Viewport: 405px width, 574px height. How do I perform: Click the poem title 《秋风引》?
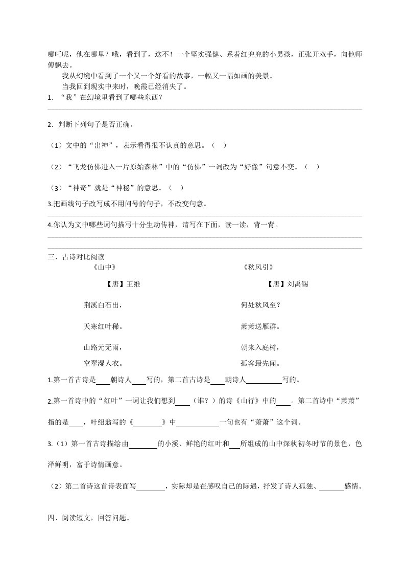[x=259, y=267]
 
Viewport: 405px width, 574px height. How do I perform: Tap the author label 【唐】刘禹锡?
[x=288, y=284]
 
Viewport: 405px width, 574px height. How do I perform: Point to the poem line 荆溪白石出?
[x=104, y=305]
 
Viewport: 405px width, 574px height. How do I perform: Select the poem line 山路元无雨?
[x=104, y=348]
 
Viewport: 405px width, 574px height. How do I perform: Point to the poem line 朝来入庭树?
[x=260, y=348]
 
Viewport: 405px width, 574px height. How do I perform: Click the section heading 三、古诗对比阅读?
[x=76, y=257]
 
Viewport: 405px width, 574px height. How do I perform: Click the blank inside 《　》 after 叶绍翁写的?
[x=147, y=423]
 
